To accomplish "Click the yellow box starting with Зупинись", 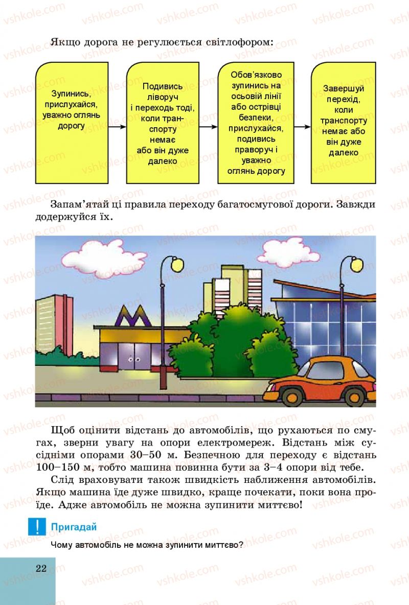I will [x=76, y=123].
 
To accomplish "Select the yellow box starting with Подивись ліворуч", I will [x=163, y=123].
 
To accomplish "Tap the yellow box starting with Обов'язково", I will [x=256, y=123].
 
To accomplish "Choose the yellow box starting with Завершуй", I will [x=344, y=123].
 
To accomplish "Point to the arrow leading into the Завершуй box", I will [x=303, y=127].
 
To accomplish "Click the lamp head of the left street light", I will [x=177, y=265].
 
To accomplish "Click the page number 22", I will [x=41, y=569].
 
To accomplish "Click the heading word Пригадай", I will [x=74, y=527].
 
